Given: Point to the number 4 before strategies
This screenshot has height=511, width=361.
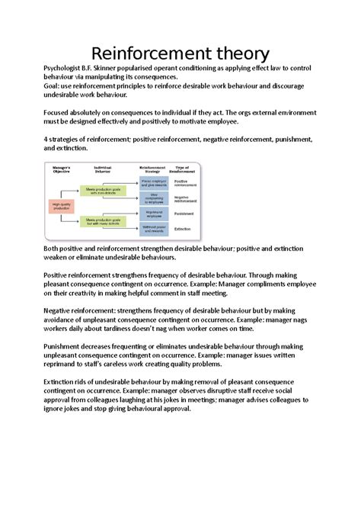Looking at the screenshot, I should [46, 139].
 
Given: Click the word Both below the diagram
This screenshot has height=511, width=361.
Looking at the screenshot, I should [53, 249].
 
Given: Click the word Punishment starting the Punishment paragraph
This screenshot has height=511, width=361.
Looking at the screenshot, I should [66, 345].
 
